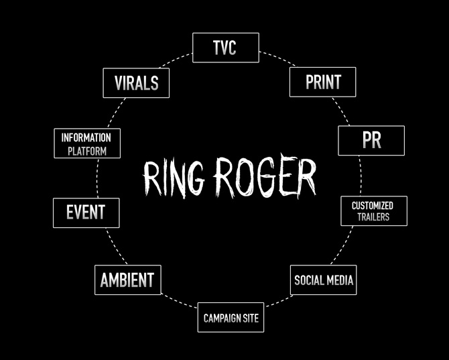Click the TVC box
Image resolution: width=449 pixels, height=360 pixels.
point(225,48)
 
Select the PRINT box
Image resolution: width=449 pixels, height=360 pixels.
point(322,82)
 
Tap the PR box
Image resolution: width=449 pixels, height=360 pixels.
point(371,140)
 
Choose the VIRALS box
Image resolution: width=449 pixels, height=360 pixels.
point(136,82)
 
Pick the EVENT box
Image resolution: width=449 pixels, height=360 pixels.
point(86,213)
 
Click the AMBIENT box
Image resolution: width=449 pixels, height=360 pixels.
point(127,280)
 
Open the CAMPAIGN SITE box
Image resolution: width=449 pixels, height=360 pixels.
point(231,318)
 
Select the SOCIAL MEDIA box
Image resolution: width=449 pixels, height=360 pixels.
point(324,280)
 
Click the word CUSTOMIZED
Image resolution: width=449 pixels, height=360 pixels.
point(373,205)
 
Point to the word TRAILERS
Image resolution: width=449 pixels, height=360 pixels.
point(373,217)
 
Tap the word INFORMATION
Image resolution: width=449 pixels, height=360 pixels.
point(86,137)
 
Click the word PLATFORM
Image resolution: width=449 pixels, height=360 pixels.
point(86,151)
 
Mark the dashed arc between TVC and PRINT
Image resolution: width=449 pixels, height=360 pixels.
point(276,58)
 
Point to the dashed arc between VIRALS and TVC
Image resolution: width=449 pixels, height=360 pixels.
point(180,58)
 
